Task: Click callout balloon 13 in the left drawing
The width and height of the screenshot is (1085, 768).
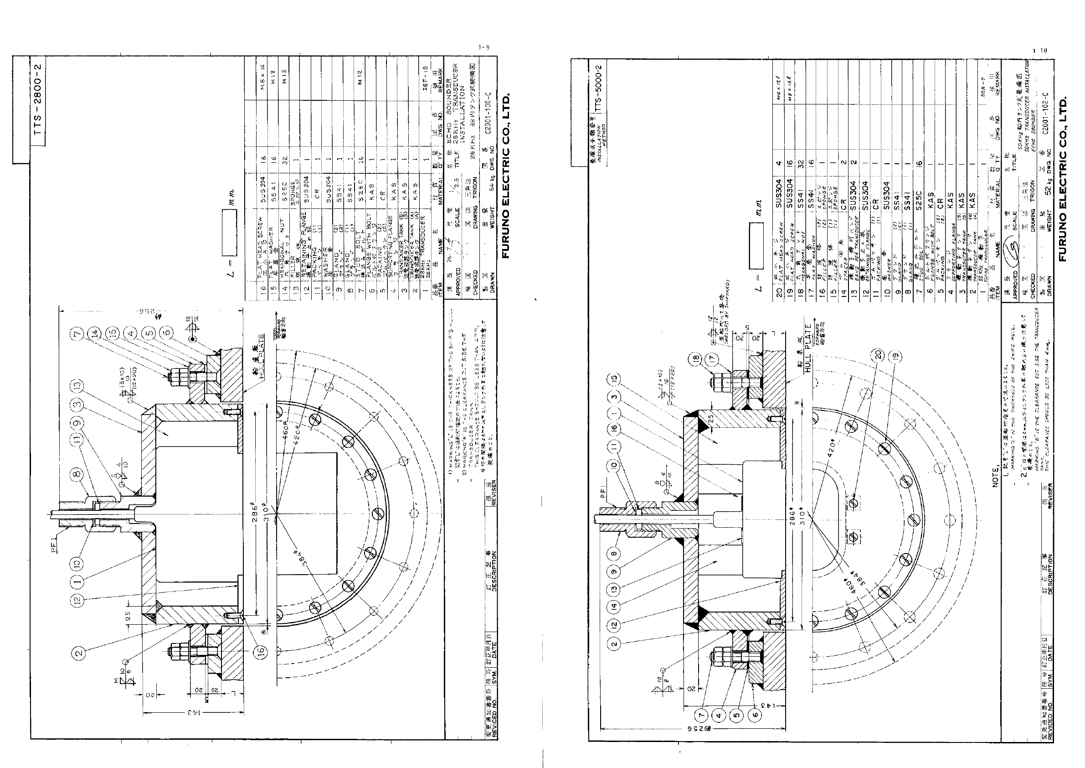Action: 78,385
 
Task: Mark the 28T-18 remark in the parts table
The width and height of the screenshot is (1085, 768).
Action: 425,75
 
